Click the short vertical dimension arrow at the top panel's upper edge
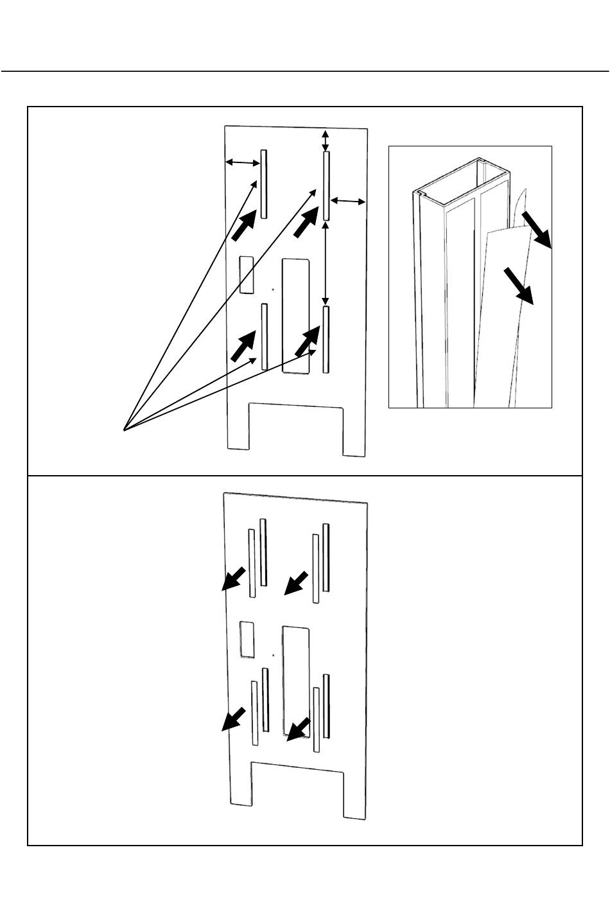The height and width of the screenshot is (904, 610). [326, 139]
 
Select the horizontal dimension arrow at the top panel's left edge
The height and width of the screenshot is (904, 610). [242, 163]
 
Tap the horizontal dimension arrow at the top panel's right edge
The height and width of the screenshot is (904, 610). [347, 202]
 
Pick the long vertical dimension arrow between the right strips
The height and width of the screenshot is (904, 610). [326, 263]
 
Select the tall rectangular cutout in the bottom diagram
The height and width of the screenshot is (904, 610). [296, 680]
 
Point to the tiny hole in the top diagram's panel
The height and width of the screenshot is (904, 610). [272, 290]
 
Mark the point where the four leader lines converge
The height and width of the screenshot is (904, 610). [124, 429]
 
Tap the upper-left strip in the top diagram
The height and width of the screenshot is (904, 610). [263, 184]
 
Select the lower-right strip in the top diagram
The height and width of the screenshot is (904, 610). [326, 340]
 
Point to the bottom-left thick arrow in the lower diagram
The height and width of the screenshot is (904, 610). [233, 719]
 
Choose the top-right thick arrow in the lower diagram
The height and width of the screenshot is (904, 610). [296, 582]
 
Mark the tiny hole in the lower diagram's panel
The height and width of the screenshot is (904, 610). [274, 656]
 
